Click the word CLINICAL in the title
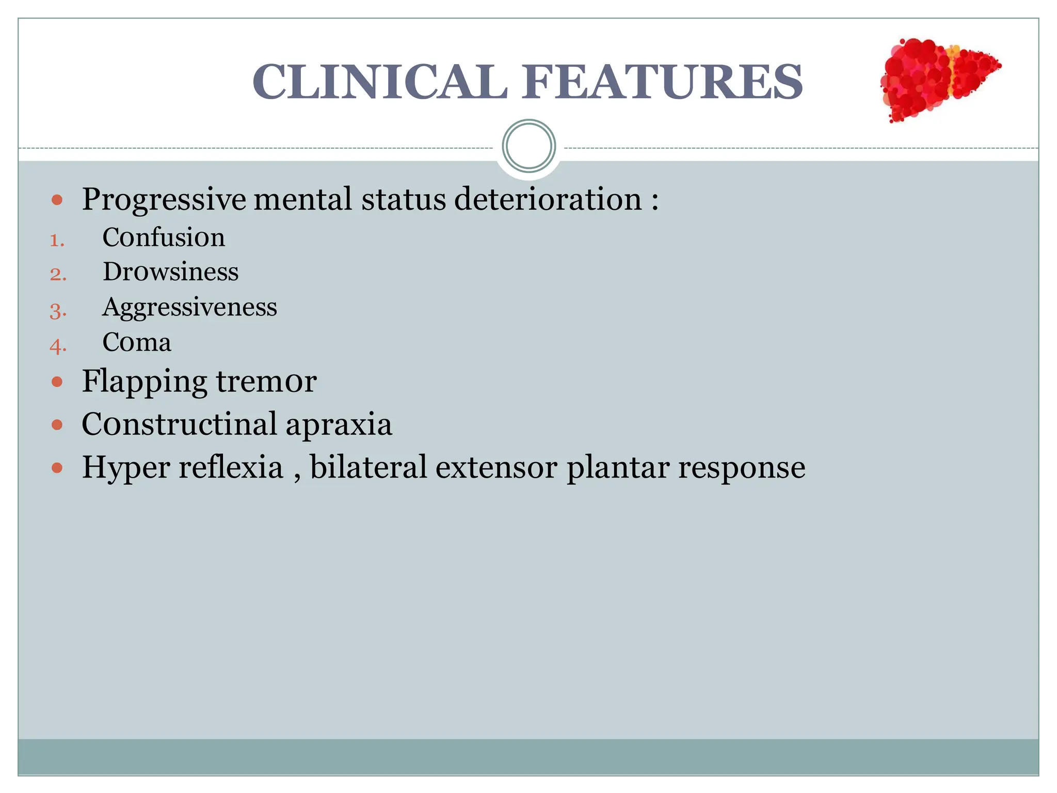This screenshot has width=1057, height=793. tap(380, 82)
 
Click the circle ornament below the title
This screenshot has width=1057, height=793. tap(528, 146)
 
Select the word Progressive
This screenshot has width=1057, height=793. tap(164, 200)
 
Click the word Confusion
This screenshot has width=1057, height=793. tap(164, 237)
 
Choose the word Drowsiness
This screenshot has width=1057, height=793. tap(170, 272)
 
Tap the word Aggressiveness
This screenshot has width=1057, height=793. tap(189, 308)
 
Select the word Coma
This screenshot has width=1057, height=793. tap(137, 342)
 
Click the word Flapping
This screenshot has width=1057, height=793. tap(145, 383)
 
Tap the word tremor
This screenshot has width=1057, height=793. tap(266, 382)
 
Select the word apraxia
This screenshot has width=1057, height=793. tap(339, 424)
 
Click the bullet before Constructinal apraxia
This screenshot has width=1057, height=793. tap(57, 425)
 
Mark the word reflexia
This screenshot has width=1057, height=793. tap(231, 467)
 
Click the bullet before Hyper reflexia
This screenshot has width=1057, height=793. tap(57, 468)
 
